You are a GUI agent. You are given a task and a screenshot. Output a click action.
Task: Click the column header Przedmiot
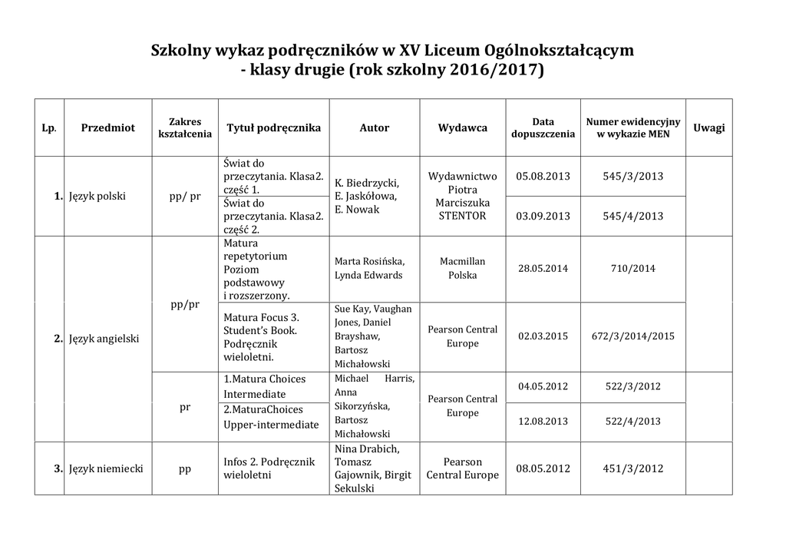tap(107, 128)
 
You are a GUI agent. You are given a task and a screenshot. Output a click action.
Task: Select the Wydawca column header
tap(463, 128)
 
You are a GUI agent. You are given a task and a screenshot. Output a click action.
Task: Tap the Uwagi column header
tap(708, 128)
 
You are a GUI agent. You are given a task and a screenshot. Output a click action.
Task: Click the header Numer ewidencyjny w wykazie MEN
tap(633, 128)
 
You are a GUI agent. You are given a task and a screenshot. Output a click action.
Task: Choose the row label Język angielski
tap(104, 338)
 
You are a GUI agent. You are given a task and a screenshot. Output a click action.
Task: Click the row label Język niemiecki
tap(106, 468)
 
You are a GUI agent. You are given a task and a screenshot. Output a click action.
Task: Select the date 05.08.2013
tap(543, 177)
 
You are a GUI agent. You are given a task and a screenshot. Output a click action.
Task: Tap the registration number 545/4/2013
tap(633, 216)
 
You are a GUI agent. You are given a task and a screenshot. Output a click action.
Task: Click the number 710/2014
tap(633, 269)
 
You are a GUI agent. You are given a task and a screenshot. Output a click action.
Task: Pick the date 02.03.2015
tap(543, 336)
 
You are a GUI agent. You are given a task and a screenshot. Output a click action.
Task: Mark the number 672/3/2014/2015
tap(633, 336)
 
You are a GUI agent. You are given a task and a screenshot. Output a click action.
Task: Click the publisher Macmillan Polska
tap(463, 268)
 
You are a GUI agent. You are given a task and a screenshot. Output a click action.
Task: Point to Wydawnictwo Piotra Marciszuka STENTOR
tap(463, 196)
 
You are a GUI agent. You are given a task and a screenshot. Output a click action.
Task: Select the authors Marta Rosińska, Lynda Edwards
tap(369, 268)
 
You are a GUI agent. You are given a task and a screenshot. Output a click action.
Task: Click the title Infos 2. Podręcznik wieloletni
tap(269, 468)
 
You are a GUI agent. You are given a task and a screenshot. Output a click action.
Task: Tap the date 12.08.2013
tap(543, 421)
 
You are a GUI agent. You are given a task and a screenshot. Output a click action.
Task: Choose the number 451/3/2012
tap(633, 468)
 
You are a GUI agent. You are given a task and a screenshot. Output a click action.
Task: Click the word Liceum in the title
tap(451, 51)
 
